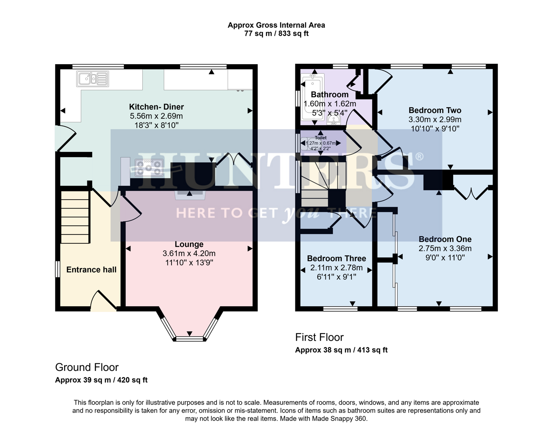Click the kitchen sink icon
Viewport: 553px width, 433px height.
pos(93,79)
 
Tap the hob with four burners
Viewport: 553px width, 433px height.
pos(149,168)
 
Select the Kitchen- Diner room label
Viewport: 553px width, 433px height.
pos(156,107)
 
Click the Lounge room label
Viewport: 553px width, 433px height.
pos(189,244)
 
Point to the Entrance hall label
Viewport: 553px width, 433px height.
pos(91,270)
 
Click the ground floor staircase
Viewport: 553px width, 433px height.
pos(75,216)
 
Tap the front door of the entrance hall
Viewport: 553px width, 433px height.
pos(103,301)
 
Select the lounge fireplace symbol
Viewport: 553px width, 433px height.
pos(190,195)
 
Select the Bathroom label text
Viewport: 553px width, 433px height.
pos(329,95)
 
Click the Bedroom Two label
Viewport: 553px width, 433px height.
pos(435,110)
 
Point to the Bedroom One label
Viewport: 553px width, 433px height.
pos(445,239)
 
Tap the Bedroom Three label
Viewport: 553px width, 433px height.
pos(336,259)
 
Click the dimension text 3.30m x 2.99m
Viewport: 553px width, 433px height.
pos(435,119)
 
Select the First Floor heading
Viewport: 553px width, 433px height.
pos(319,337)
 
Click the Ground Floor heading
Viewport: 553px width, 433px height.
pos(87,367)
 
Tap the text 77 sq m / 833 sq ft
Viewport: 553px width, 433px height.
pos(276,34)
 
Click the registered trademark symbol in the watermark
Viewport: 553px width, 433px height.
pos(419,156)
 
